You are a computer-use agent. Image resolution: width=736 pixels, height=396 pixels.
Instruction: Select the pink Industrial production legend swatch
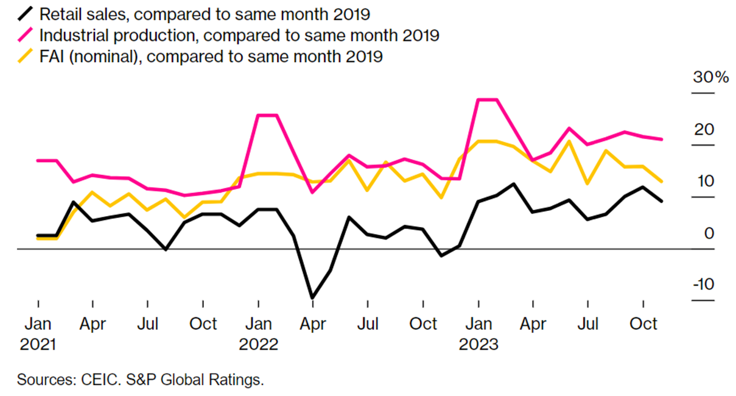coord(26,35)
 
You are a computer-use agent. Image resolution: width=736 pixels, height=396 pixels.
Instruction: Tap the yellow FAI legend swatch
coord(26,57)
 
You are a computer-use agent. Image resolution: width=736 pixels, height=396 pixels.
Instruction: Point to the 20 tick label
coord(704,130)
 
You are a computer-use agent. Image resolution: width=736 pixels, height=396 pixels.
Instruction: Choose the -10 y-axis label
coord(702,285)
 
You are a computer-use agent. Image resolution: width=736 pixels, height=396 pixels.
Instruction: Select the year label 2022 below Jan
coord(259,345)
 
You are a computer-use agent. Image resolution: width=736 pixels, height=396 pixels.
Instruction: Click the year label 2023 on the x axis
coord(479,345)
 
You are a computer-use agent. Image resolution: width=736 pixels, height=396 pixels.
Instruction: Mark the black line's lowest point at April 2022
coord(313,297)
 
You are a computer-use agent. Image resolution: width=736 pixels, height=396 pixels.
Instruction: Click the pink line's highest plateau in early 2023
coord(488,99)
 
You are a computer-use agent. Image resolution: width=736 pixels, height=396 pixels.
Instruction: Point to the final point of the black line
coord(662,201)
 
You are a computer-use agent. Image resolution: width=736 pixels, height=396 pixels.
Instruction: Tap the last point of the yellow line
coord(662,182)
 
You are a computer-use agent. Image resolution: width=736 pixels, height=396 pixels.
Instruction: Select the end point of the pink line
coord(662,140)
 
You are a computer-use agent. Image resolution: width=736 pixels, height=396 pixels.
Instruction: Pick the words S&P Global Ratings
coord(194,380)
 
